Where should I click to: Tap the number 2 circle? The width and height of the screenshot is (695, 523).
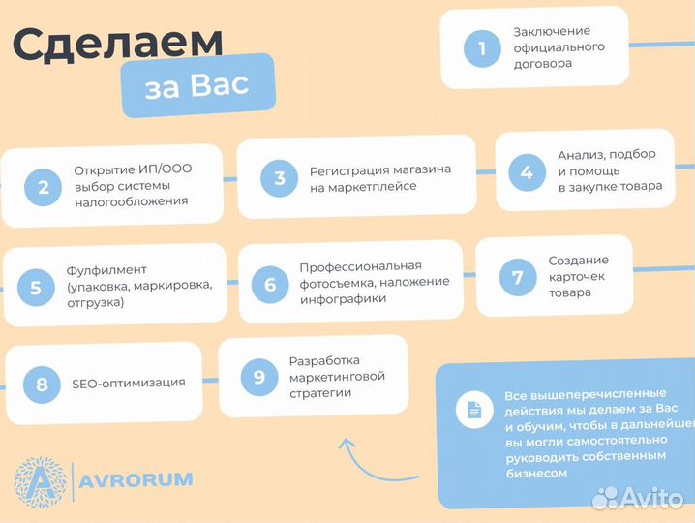[x=43, y=186]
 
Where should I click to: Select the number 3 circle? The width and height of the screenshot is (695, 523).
[x=280, y=177]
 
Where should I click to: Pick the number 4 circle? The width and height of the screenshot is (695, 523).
[x=526, y=172]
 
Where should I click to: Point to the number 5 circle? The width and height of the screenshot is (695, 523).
[x=36, y=287]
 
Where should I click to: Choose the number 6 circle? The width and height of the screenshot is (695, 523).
[x=270, y=284]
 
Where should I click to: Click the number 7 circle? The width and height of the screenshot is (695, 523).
[x=518, y=277]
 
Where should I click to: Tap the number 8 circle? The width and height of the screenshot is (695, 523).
[x=42, y=385]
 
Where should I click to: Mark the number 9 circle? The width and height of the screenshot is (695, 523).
[x=258, y=377]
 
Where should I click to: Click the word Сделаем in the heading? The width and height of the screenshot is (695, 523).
[x=118, y=43]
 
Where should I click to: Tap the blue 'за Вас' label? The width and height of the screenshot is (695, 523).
[x=196, y=85]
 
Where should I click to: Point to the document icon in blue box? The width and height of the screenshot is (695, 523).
[x=474, y=411]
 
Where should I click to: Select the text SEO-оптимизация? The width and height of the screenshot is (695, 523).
[x=129, y=383]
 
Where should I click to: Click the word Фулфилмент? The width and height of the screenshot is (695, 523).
[x=106, y=269]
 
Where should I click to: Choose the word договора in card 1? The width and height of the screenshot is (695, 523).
[x=543, y=63]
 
